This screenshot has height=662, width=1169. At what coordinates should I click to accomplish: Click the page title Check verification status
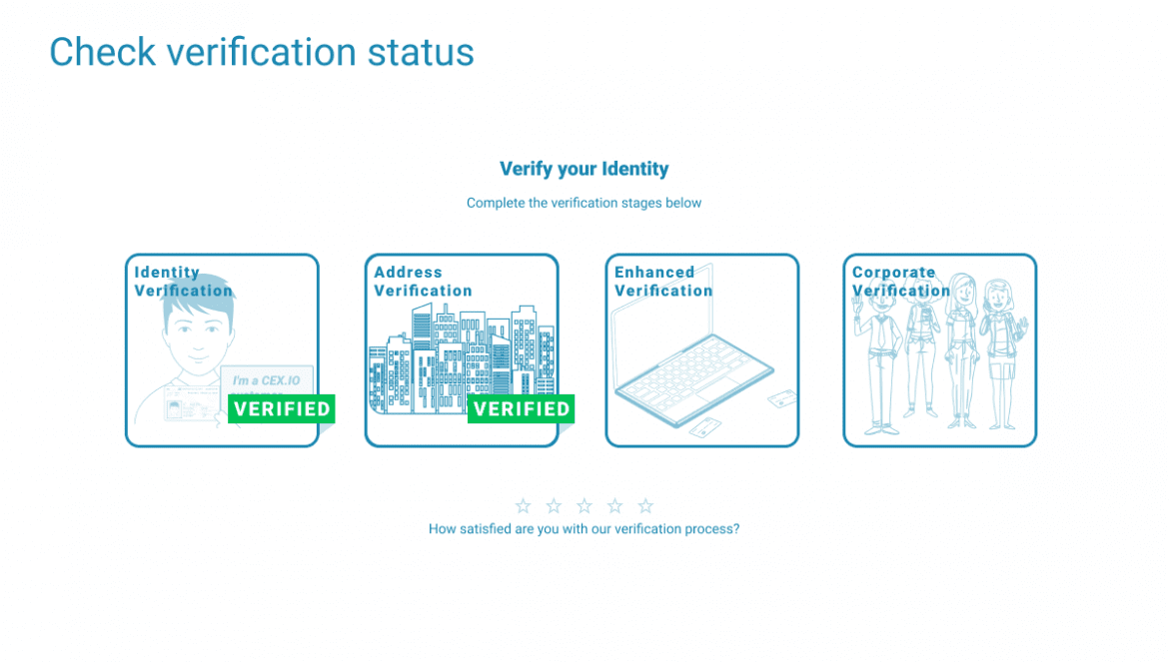point(262,52)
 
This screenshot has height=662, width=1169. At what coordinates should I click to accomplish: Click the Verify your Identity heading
point(584,169)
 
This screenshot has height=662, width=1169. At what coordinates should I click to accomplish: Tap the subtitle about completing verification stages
point(584,203)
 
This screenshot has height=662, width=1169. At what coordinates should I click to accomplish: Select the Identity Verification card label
point(184,282)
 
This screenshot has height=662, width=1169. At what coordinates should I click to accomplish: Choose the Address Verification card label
point(423,282)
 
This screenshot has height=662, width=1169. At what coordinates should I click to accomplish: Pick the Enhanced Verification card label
point(663,282)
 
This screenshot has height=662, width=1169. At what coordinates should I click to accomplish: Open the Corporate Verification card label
point(901,282)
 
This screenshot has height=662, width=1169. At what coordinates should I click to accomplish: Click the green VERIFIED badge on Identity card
point(282,408)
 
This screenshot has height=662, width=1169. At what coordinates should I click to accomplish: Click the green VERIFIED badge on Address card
point(522,408)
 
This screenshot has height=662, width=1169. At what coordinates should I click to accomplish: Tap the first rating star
point(524,506)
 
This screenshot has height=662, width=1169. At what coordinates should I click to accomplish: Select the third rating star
point(584,506)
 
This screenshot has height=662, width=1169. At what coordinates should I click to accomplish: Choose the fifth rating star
point(645,506)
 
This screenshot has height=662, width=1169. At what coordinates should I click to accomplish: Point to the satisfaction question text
point(584,529)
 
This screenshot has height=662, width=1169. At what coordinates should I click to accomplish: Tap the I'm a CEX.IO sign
point(266,380)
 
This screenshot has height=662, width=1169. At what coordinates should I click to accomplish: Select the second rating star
point(554,506)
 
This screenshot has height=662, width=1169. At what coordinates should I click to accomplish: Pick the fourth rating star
point(615,506)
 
